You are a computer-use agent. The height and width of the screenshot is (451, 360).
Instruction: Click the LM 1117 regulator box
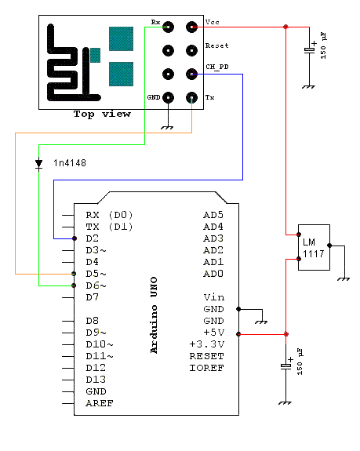coord(314,247)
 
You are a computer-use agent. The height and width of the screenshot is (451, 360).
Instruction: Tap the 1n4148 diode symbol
coord(38,164)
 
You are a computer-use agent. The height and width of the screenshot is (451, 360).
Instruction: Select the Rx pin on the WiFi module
coord(169,27)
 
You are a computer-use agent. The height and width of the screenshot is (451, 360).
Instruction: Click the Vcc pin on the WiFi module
coord(191,27)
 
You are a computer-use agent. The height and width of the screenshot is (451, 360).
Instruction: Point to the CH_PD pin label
coord(216,68)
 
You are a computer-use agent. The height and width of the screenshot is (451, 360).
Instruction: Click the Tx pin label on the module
coord(209,97)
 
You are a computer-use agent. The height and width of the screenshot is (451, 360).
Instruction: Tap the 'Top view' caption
coord(102,114)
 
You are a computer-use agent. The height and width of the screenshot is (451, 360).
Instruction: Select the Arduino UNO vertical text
coord(154,314)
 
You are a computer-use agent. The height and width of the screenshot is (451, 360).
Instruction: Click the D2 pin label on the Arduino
coord(93,238)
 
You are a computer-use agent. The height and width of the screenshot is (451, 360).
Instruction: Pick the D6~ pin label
coord(96,286)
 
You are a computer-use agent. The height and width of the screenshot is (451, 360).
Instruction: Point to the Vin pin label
coord(213,297)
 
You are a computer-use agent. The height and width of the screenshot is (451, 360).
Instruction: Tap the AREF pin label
coord(99,403)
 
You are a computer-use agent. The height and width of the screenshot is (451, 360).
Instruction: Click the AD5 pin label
coord(213,214)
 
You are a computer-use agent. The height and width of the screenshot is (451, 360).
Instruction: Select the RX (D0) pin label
coord(110,214)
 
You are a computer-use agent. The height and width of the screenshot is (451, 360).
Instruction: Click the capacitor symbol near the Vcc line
coord(310,50)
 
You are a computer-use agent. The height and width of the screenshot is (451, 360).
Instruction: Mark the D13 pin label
coord(96,380)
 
